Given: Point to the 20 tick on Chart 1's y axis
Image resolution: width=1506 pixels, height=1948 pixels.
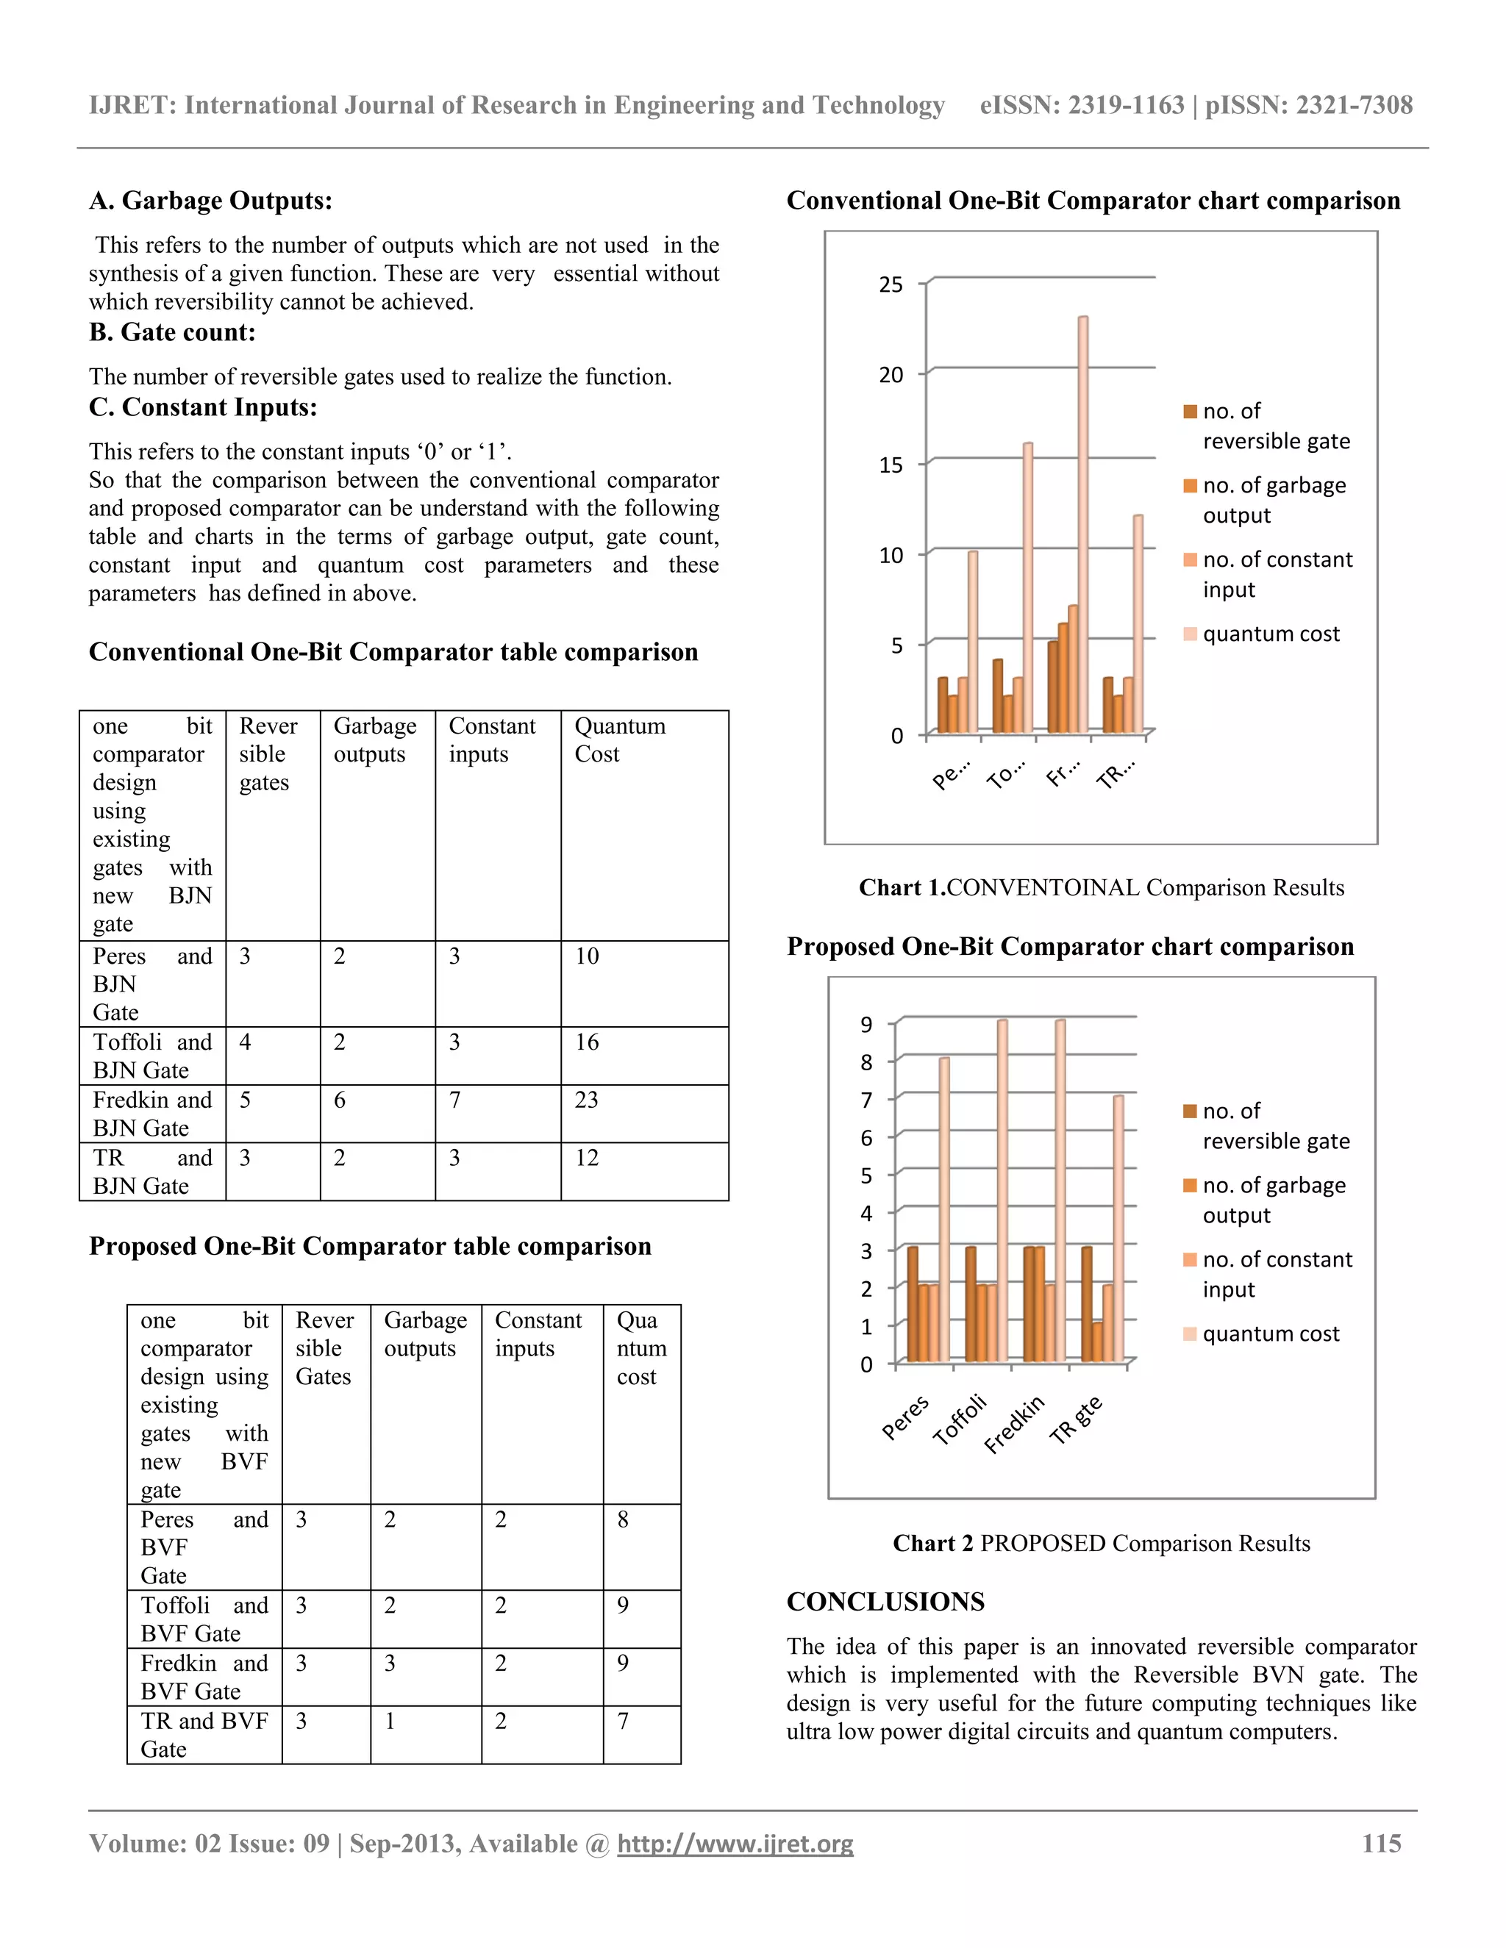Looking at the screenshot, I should [891, 375].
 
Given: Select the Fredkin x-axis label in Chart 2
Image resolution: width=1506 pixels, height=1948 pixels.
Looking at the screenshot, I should [1014, 1425].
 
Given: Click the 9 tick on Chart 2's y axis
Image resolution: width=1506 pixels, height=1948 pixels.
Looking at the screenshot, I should [866, 1024].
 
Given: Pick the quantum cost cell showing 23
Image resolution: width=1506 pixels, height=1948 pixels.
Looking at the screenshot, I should [586, 1100].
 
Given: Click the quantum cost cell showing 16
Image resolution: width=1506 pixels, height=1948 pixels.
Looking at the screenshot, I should [586, 1042].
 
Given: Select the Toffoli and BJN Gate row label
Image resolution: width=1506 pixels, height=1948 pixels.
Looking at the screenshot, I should [152, 1056].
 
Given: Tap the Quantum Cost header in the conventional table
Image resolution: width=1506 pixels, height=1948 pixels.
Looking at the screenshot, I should [619, 740].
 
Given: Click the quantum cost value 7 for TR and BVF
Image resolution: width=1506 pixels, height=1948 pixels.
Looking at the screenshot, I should [623, 1721].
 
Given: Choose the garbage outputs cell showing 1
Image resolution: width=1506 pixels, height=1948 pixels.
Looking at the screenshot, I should [390, 1721].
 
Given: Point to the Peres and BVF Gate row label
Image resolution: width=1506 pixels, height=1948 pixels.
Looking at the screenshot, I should [204, 1547].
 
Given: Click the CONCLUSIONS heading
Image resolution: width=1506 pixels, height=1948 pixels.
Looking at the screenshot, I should [885, 1601].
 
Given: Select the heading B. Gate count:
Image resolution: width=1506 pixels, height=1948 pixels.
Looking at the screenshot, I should [172, 333].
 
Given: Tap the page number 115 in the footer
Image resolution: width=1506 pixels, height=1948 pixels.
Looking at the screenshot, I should [1380, 1844].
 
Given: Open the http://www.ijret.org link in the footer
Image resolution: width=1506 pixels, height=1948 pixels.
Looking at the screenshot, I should [735, 1844].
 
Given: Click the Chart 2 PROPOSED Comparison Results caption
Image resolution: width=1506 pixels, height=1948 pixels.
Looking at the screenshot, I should [1101, 1543].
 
